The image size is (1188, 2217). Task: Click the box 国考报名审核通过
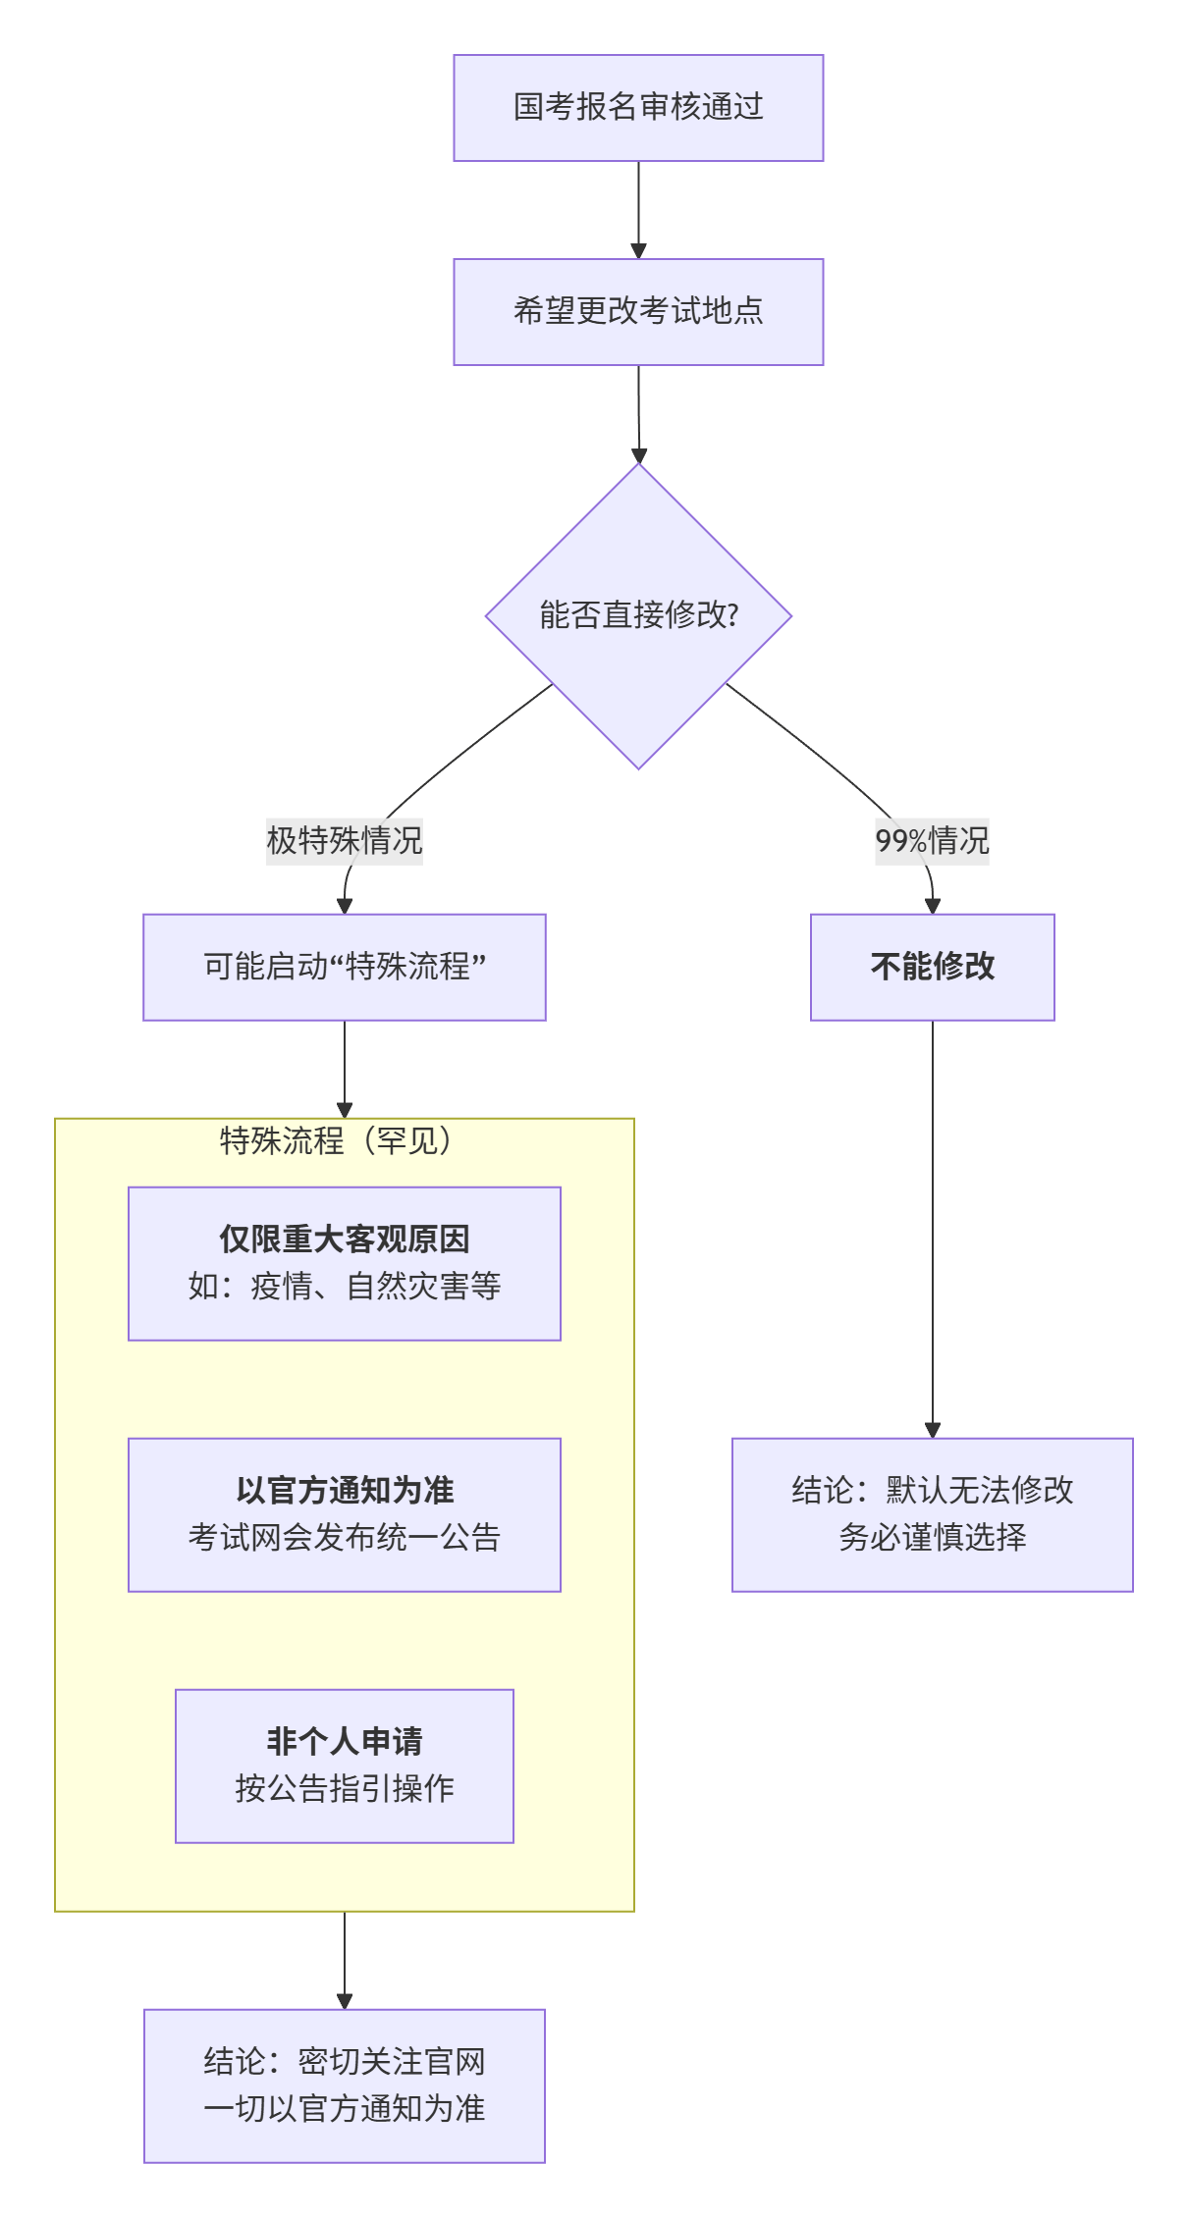(x=638, y=108)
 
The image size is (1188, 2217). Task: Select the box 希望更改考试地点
(x=638, y=312)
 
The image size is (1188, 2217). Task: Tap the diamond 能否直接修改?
(x=638, y=615)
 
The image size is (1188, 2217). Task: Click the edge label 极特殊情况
(x=345, y=841)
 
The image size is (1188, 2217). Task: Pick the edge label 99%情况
(x=932, y=841)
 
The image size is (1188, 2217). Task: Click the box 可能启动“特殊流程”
(x=345, y=968)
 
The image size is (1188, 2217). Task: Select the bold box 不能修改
(x=932, y=968)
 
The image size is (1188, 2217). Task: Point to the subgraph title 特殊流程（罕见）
(x=336, y=1141)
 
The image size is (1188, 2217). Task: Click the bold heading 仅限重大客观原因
(x=345, y=1240)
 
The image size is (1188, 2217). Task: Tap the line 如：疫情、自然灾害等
(x=345, y=1287)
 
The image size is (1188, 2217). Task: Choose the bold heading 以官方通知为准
(x=345, y=1491)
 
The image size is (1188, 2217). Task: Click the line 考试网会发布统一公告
(x=345, y=1538)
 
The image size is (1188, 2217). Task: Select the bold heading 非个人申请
(x=345, y=1742)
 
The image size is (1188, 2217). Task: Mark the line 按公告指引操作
(x=345, y=1789)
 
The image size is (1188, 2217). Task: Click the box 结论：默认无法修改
(x=932, y=1491)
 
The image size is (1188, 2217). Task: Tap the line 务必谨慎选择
(x=932, y=1538)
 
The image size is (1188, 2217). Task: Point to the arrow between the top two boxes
(x=638, y=208)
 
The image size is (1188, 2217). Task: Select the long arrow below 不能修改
(x=932, y=1227)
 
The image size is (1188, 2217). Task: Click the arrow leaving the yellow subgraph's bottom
(x=345, y=1958)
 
